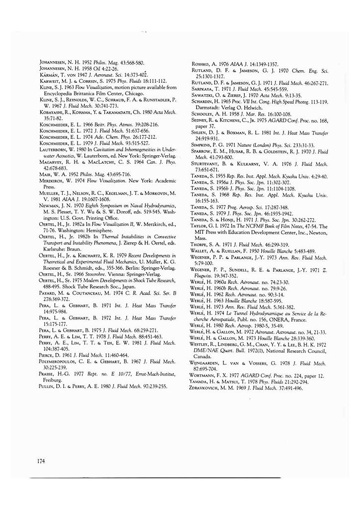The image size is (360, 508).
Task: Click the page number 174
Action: pos(41,461)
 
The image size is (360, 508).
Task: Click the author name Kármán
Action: pos(49,74)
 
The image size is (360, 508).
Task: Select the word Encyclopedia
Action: pos(57,92)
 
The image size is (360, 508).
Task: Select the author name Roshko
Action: pos(200,64)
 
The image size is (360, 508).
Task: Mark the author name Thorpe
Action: pos(200,245)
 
